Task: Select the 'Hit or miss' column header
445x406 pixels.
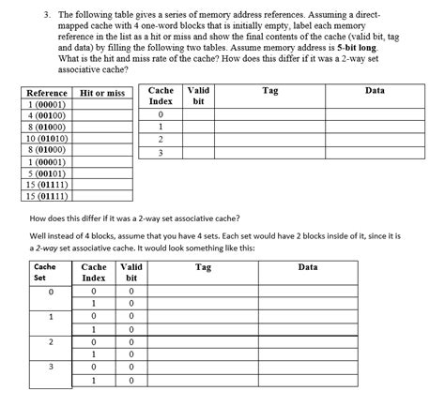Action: click(x=103, y=94)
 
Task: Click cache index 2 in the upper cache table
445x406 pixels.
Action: click(x=161, y=139)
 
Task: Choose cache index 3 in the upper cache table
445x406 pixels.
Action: click(x=161, y=153)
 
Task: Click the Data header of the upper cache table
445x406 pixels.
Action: click(x=375, y=89)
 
